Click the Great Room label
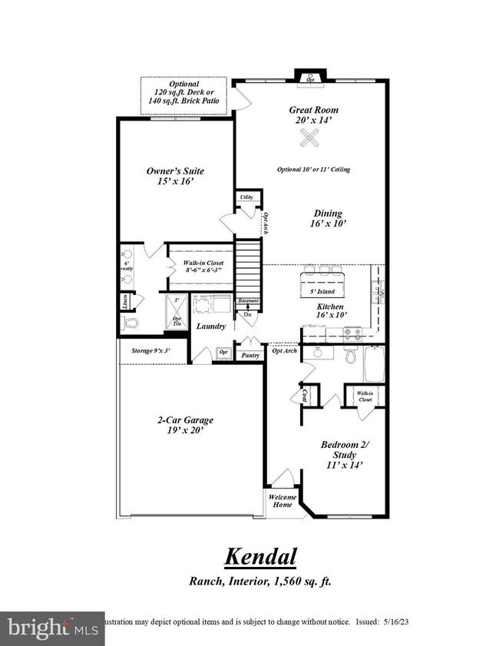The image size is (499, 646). [x=313, y=115]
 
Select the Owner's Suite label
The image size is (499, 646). [x=176, y=176]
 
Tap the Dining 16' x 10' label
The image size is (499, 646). [x=328, y=219]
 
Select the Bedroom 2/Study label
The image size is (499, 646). [x=339, y=453]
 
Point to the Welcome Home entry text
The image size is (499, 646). [x=283, y=502]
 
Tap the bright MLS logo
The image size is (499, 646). [x=51, y=628]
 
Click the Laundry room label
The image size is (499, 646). [x=210, y=326]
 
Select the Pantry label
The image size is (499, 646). [x=250, y=356]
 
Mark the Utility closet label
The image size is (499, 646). [x=246, y=197]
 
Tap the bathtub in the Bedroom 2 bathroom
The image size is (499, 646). [x=377, y=364]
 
